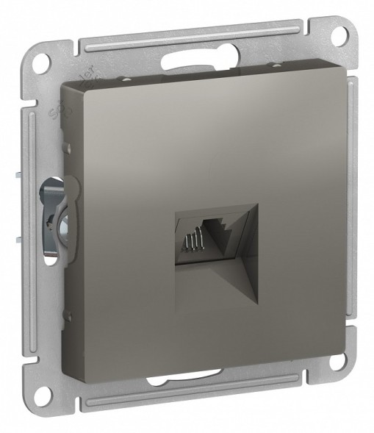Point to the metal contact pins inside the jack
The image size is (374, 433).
pyautogui.click(x=193, y=241)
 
